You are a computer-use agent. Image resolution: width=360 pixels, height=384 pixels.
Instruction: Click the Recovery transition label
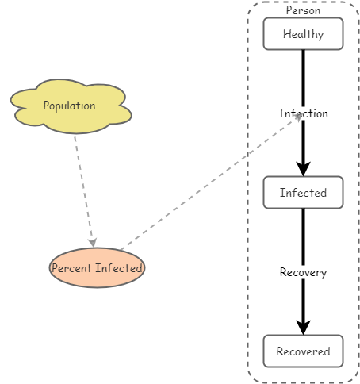coord(303,272)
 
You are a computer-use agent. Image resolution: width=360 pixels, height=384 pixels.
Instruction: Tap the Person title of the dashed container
coord(303,10)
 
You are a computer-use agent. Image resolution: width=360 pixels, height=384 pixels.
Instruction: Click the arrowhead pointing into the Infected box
coord(303,169)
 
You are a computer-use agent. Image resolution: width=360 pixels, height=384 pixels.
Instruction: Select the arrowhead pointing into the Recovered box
coord(303,328)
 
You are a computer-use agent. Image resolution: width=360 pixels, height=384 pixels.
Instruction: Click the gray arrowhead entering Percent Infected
coord(93,242)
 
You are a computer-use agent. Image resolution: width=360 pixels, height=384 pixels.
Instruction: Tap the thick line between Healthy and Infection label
coord(303,75)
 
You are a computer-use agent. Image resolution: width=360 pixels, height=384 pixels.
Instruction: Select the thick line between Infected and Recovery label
coord(303,234)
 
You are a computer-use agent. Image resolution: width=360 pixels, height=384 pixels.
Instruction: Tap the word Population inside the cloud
coord(69,106)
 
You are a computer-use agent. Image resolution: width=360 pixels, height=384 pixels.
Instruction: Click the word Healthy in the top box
coord(303,34)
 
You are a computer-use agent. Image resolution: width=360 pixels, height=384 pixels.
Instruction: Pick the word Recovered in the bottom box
coord(303,351)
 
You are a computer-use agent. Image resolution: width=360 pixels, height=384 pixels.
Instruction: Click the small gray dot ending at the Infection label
coord(299,116)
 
